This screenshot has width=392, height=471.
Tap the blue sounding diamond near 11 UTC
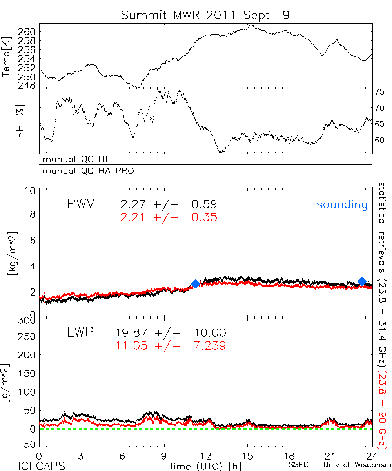point(196,284)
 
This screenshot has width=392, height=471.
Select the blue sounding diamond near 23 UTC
point(362,281)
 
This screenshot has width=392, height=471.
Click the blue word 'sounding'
point(342,204)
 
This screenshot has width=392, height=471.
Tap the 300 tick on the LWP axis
point(27,320)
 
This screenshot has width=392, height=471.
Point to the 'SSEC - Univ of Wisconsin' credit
point(340,466)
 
